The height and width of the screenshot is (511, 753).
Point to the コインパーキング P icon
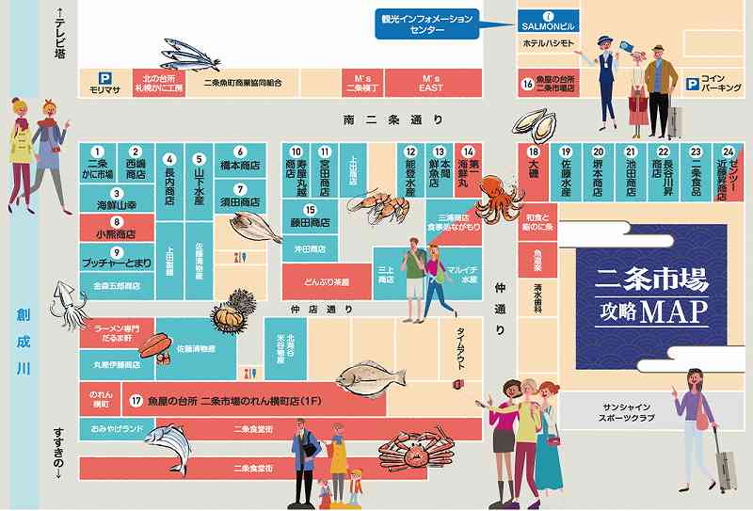click(x=693, y=82)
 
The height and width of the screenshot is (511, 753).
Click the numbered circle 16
click(x=528, y=84)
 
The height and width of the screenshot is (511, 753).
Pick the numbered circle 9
click(x=117, y=252)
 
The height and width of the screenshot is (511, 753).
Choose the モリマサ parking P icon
click(x=107, y=78)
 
